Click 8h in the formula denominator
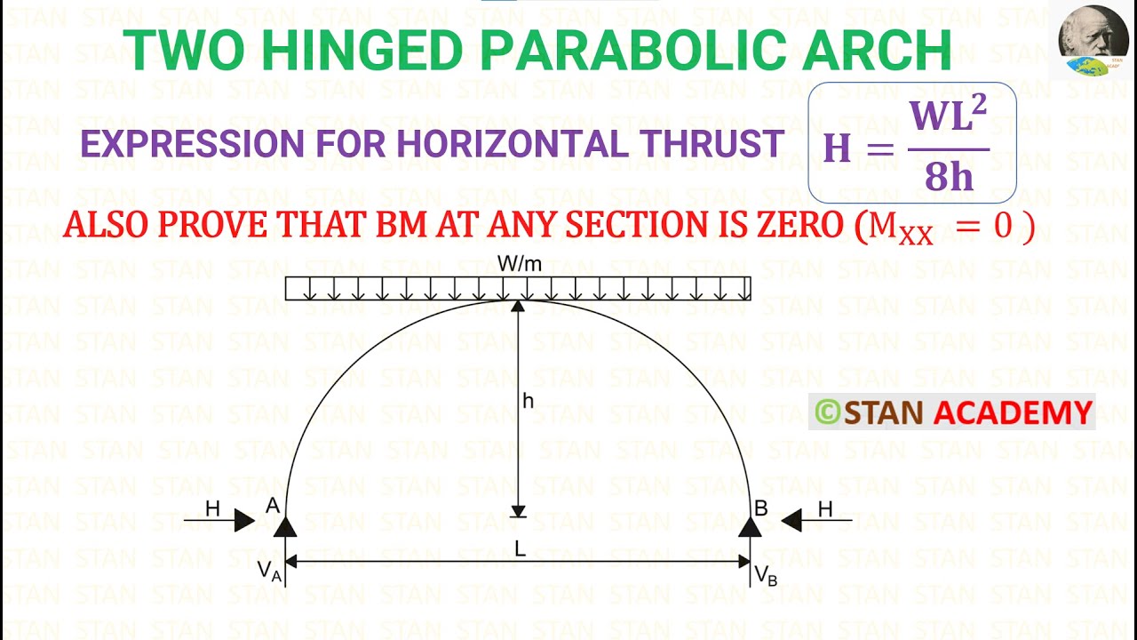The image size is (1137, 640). click(x=949, y=178)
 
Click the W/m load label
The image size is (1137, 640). click(x=519, y=264)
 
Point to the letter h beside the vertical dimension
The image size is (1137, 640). click(x=529, y=402)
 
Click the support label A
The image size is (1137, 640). click(x=273, y=506)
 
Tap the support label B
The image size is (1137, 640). click(x=760, y=508)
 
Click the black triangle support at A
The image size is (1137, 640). click(x=284, y=527)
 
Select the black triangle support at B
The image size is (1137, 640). click(x=751, y=527)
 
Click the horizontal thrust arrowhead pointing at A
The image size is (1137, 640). click(x=244, y=520)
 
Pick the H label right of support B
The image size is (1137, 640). click(x=825, y=508)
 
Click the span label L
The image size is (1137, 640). click(x=521, y=549)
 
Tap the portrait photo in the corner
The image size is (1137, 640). click(x=1093, y=40)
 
